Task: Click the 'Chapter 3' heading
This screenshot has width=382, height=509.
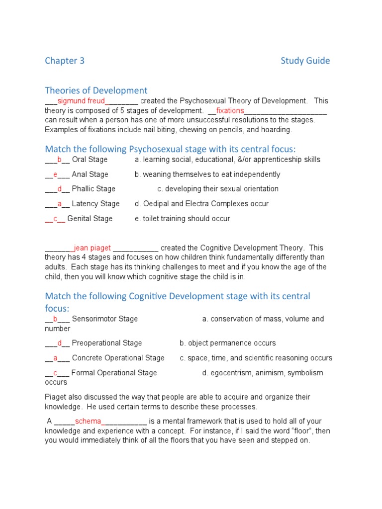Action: [x=65, y=61]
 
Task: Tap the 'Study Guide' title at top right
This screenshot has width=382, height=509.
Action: [x=305, y=61]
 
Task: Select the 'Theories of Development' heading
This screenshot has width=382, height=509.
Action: [x=96, y=90]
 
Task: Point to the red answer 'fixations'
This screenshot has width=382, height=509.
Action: [x=230, y=110]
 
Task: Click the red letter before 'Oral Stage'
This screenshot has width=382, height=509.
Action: [x=59, y=160]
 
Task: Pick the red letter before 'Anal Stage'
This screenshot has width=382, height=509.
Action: [x=56, y=174]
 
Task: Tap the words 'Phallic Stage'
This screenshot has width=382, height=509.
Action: [x=94, y=189]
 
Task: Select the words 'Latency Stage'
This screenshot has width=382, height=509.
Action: [x=95, y=204]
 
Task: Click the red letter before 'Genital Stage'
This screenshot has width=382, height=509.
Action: [x=55, y=219]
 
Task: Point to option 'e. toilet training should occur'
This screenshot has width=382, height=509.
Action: [x=182, y=219]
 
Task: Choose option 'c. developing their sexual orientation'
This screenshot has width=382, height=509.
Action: [x=218, y=189]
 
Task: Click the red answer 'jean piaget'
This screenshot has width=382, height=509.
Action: [x=92, y=248]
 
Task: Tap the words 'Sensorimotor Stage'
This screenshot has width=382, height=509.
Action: [x=105, y=319]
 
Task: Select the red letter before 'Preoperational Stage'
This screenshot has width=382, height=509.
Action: [x=59, y=343]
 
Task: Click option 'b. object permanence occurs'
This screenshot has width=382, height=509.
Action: [x=227, y=343]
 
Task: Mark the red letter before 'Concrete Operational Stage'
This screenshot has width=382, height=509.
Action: [x=56, y=358]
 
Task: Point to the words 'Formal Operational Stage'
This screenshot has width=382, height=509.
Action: [x=114, y=373]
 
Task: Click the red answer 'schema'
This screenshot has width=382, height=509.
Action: [x=88, y=422]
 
